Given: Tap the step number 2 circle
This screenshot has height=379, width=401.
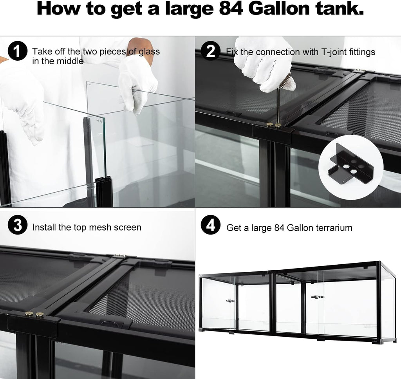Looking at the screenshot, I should coord(211,52).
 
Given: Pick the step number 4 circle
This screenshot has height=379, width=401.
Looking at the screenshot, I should coord(211,227).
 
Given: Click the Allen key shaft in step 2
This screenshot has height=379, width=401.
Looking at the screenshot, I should coord(276,106).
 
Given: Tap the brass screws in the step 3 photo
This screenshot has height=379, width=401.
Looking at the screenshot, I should coord(34,314).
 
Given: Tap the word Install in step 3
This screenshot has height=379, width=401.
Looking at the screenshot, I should coord(43,227).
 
